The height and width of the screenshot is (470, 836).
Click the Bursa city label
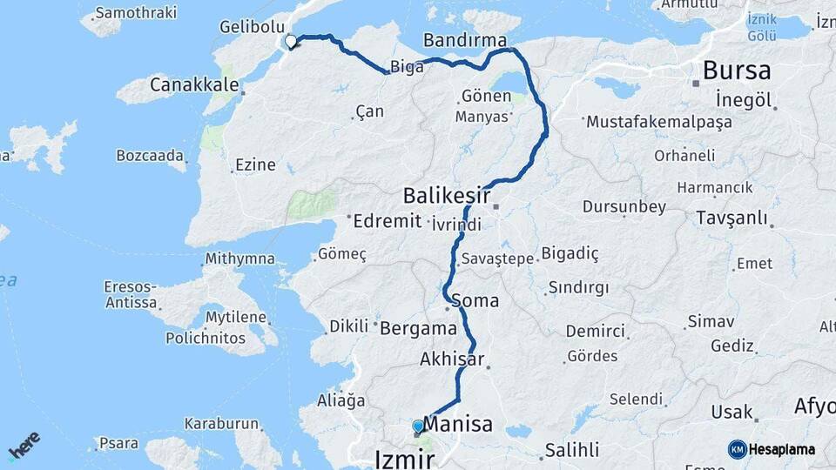pyautogui.click(x=736, y=70)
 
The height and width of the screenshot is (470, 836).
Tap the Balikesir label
pyautogui.click(x=446, y=194)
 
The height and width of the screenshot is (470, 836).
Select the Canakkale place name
pyautogui.click(x=194, y=84)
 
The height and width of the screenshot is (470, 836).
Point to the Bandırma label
pyautogui.click(x=464, y=40)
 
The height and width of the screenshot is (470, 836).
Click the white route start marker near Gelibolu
pyautogui.click(x=290, y=41)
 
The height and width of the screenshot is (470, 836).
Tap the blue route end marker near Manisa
pyautogui.click(x=418, y=426)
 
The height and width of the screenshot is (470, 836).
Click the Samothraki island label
pyautogui.click(x=135, y=13)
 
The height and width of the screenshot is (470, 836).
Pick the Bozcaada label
pyautogui.click(x=150, y=156)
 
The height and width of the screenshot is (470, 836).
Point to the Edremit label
pyautogui.click(x=387, y=221)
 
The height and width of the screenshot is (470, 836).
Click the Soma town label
pyautogui.click(x=475, y=301)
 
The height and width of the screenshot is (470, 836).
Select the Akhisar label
pyautogui.click(x=451, y=358)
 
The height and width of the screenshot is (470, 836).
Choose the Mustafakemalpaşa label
pyautogui.click(x=659, y=122)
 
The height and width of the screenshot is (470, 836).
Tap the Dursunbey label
pyautogui.click(x=624, y=207)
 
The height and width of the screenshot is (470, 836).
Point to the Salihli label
pyautogui.click(x=571, y=451)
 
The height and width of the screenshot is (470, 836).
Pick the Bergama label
pyautogui.click(x=418, y=328)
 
